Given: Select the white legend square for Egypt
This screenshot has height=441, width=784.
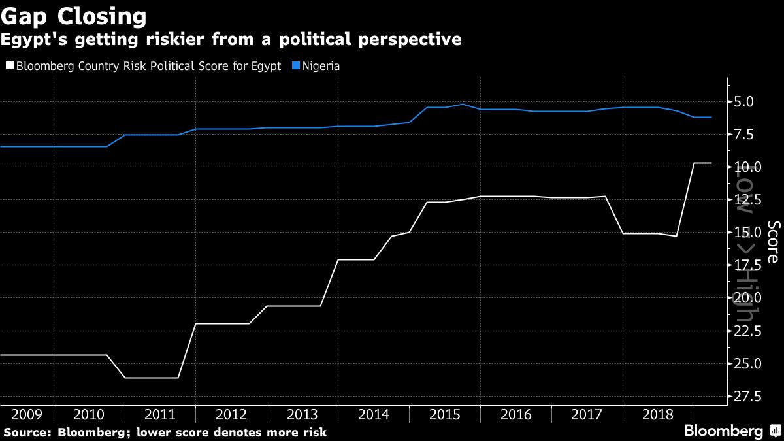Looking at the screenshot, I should tap(9, 66).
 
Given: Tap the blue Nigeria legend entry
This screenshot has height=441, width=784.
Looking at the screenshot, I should tap(318, 66).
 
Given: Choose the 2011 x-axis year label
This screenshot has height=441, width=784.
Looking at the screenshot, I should tap(160, 414).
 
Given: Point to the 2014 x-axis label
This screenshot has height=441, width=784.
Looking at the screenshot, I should tap(374, 414).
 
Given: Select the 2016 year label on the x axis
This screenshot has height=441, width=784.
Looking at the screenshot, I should tap(515, 414).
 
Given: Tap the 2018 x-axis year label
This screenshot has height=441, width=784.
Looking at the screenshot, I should tap(658, 414).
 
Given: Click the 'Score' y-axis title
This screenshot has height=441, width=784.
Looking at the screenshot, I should tap(773, 242).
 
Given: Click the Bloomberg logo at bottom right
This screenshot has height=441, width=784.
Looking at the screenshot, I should tap(723, 431).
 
